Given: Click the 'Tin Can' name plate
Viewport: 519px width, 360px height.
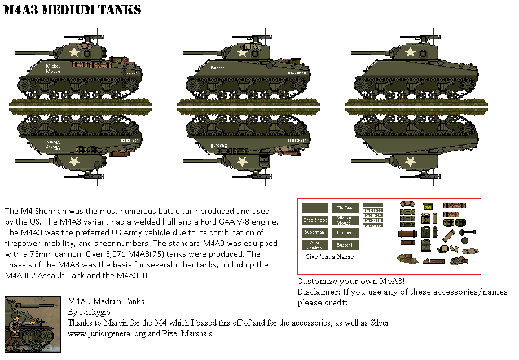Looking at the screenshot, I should point(344,208).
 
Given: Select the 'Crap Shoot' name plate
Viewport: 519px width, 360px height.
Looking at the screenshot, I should point(315,220).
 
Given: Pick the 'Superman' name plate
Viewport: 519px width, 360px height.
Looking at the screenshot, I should point(315,232).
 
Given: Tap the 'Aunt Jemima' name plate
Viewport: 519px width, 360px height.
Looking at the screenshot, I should point(315,245).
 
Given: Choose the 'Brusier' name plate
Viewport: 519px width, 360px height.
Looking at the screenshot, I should point(344,232).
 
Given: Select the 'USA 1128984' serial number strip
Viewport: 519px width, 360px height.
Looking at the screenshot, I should point(372,225).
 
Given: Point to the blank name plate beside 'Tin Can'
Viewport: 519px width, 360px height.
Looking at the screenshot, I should point(315,208).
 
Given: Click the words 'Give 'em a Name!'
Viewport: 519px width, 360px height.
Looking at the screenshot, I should point(331,257).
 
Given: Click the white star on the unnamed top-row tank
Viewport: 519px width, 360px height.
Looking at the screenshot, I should point(411,52).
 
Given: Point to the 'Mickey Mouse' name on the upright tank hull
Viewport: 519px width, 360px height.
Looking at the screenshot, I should point(53,69).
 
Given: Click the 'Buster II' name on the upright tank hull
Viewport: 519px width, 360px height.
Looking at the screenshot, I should point(218,68).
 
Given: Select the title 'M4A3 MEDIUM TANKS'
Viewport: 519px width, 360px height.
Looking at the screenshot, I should point(72,11).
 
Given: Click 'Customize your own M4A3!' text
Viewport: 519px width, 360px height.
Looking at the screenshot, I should point(351,281).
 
